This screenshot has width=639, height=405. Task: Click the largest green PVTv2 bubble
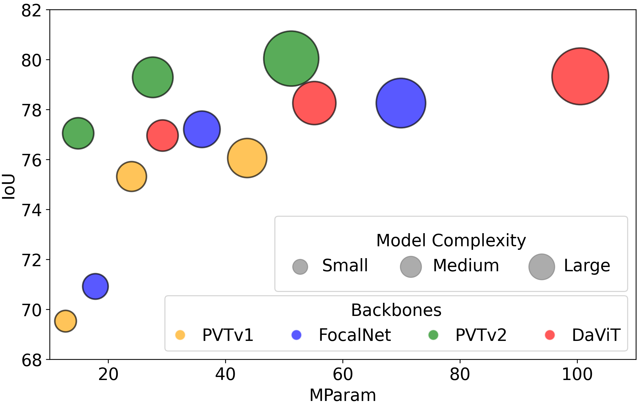pyautogui.click(x=291, y=59)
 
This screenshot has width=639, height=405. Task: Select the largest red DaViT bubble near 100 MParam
pyautogui.click(x=580, y=76)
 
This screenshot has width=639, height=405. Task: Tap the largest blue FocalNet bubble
pyautogui.click(x=401, y=103)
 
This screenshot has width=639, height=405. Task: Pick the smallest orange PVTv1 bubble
pyautogui.click(x=66, y=321)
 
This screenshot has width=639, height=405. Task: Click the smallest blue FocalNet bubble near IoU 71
pyautogui.click(x=95, y=286)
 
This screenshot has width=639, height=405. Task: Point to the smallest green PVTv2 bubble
pyautogui.click(x=78, y=133)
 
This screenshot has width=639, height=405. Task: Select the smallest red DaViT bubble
pyautogui.click(x=162, y=136)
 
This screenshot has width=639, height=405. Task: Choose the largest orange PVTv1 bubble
pyautogui.click(x=247, y=158)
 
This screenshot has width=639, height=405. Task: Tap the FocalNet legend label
pyautogui.click(x=355, y=335)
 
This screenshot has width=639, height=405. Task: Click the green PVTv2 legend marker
pyautogui.click(x=433, y=335)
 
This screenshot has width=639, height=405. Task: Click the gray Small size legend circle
pyautogui.click(x=300, y=267)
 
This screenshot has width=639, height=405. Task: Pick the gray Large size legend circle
pyautogui.click(x=542, y=267)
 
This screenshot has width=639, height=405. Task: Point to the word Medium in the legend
pyautogui.click(x=466, y=265)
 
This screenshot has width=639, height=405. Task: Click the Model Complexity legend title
pyautogui.click(x=451, y=241)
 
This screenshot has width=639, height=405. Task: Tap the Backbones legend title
pyautogui.click(x=396, y=310)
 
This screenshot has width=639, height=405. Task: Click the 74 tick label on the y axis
pyautogui.click(x=31, y=210)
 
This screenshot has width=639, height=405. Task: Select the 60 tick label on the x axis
pyautogui.click(x=343, y=374)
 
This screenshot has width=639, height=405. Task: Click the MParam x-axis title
pyautogui.click(x=343, y=395)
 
